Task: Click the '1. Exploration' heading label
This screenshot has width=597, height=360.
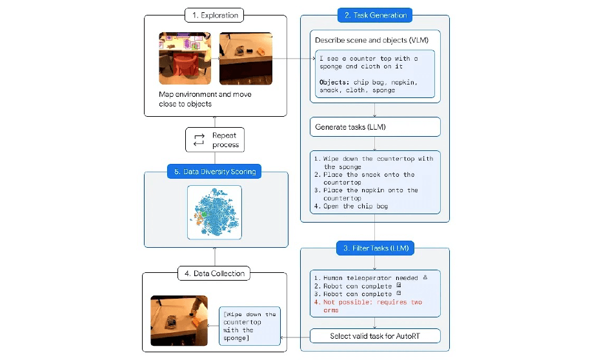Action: (x=215, y=15)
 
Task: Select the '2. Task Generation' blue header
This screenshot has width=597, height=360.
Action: (x=374, y=15)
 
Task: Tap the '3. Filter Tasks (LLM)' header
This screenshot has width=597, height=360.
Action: (x=374, y=248)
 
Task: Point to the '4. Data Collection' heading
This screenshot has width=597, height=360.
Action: (x=214, y=274)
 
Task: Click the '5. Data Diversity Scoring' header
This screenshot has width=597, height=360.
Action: (x=214, y=172)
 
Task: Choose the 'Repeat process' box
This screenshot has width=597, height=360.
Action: (x=215, y=140)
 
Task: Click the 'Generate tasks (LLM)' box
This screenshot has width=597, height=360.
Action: (x=374, y=126)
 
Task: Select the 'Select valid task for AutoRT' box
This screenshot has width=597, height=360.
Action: (x=374, y=335)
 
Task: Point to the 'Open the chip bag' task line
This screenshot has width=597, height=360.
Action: (x=351, y=206)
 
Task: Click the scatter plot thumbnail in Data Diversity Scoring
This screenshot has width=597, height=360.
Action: (x=214, y=212)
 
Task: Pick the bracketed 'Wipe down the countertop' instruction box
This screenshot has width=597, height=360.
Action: (x=250, y=326)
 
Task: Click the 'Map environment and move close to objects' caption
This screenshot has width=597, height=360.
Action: (x=205, y=99)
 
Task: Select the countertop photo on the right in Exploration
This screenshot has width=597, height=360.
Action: (x=246, y=58)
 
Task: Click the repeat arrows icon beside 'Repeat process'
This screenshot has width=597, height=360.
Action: (x=199, y=140)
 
